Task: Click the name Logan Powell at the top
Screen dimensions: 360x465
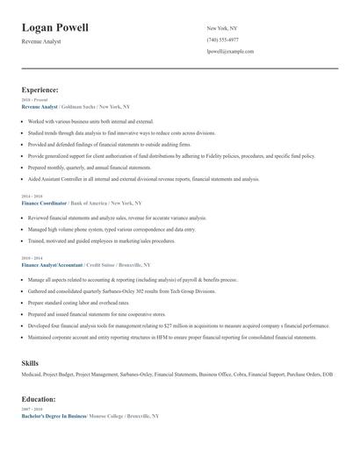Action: click(54, 27)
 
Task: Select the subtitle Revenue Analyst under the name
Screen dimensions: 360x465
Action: click(41, 42)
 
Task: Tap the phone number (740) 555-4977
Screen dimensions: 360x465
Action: click(222, 39)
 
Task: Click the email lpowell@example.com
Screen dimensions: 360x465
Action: click(230, 51)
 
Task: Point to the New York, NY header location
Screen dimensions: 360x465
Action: click(223, 28)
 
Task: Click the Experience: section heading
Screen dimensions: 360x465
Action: click(40, 89)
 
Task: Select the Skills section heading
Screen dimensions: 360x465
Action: click(30, 362)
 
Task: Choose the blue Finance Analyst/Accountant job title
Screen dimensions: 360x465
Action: click(52, 264)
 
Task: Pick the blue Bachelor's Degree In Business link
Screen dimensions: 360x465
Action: click(54, 416)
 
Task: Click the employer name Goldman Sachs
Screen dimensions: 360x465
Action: click(78, 106)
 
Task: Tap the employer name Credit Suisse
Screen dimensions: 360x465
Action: click(104, 264)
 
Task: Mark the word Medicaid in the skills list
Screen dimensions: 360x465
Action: click(32, 375)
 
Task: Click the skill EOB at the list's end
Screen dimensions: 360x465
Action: click(328, 375)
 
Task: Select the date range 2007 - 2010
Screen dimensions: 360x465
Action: click(31, 410)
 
